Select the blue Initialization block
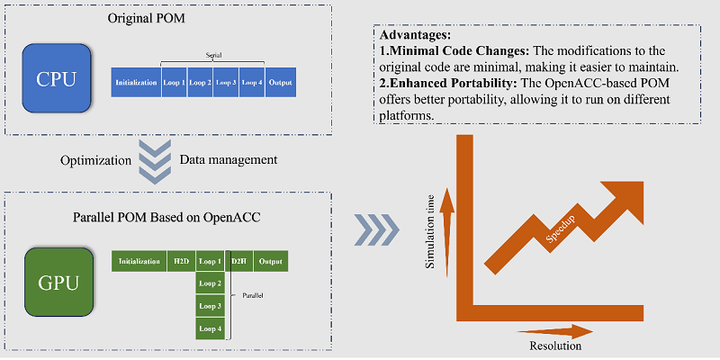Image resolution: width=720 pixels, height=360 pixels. click(136, 83)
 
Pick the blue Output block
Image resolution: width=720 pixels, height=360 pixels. click(281, 83)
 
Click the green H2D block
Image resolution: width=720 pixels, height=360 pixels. click(180, 262)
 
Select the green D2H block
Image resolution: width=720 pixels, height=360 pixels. click(238, 262)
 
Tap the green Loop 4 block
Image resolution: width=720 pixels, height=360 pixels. click(210, 329)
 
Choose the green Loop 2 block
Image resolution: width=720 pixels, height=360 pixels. click(210, 284)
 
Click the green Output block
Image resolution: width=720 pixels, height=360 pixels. click(269, 262)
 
